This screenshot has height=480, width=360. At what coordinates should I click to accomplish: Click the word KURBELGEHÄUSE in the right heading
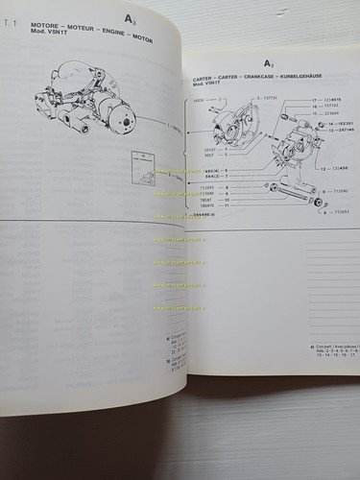[302, 78]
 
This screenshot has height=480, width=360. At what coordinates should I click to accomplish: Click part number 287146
[340, 132]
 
